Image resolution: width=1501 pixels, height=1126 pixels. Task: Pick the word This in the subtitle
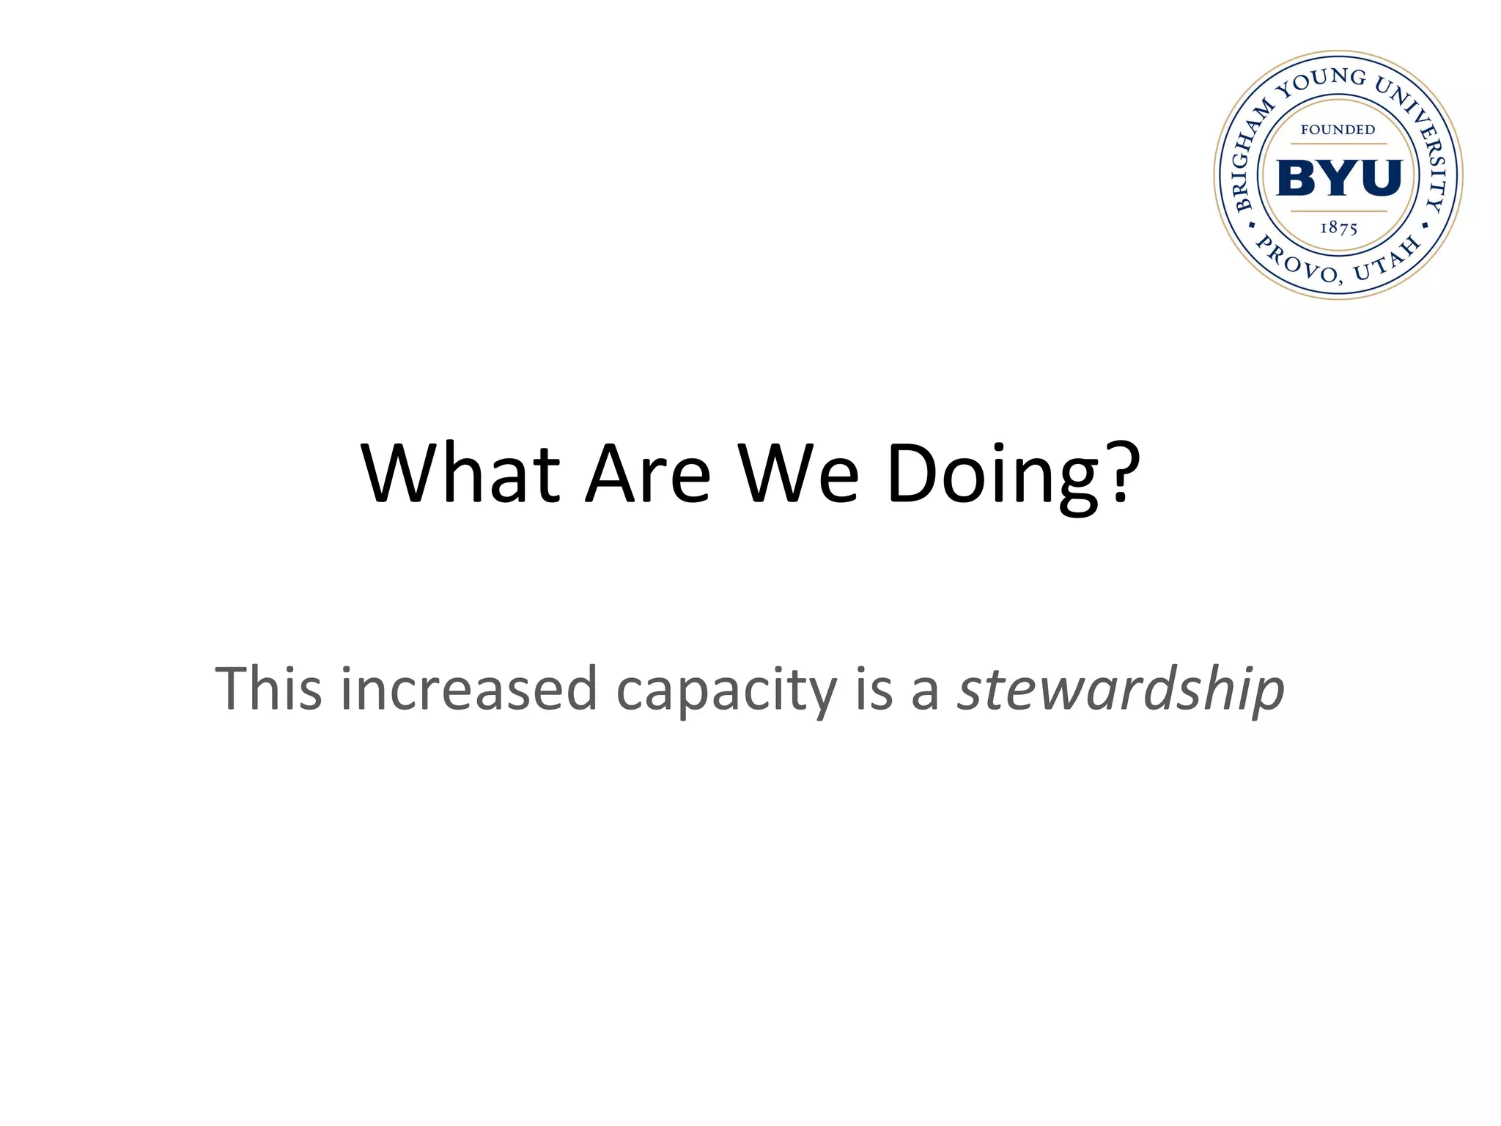pyautogui.click(x=268, y=688)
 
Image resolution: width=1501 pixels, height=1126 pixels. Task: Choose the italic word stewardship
pyautogui.click(x=1121, y=690)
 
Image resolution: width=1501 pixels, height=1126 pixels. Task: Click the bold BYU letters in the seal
pyautogui.click(x=1339, y=178)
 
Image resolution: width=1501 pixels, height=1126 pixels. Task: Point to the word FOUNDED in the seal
pyautogui.click(x=1338, y=130)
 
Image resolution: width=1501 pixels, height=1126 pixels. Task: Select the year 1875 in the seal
pyautogui.click(x=1339, y=228)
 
